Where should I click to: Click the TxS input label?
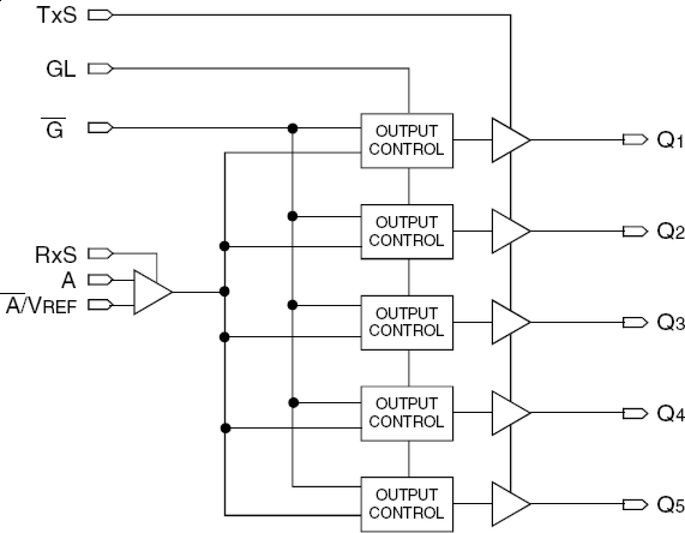[57, 15]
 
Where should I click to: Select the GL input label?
[61, 69]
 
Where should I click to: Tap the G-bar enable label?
[54, 129]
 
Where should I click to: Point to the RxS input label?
[56, 255]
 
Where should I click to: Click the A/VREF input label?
[41, 306]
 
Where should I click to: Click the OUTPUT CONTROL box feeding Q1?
[406, 140]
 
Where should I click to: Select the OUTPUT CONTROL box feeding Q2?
[406, 231]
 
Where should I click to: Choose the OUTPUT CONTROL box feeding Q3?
[406, 322]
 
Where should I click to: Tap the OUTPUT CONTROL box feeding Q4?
[406, 413]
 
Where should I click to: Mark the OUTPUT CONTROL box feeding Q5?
[406, 504]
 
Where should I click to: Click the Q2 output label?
[670, 232]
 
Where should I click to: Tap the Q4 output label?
[670, 414]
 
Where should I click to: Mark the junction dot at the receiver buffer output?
[224, 291]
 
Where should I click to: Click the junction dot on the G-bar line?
[293, 129]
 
